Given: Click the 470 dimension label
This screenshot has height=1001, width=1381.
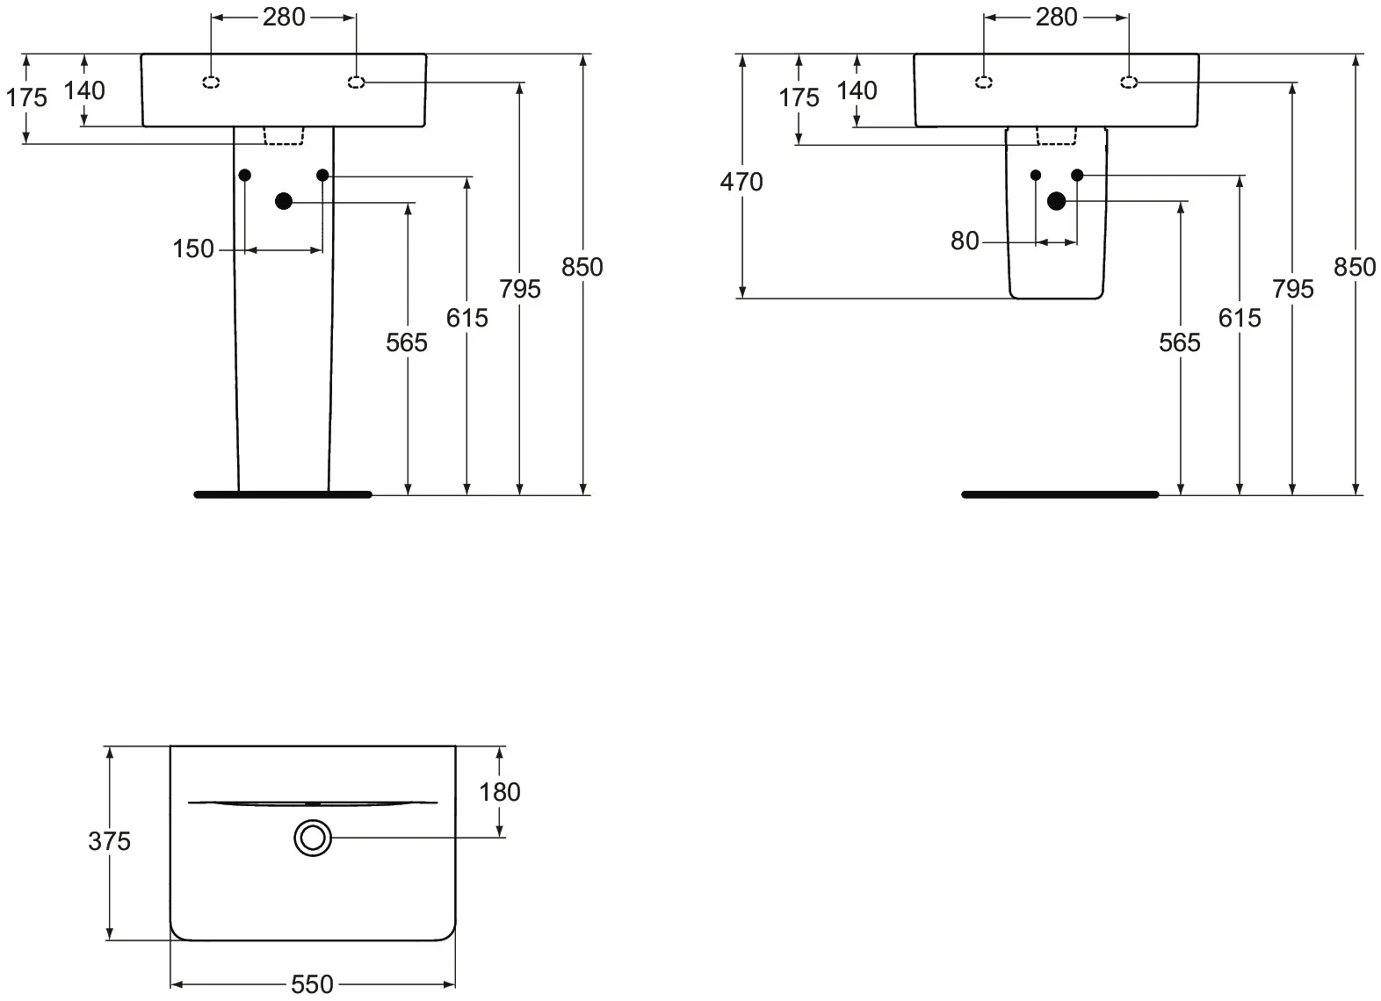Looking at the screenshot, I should point(741,182).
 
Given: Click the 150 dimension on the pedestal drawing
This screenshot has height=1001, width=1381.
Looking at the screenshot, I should point(193,248).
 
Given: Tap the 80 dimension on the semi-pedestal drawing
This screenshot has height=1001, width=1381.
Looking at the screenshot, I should point(964,241).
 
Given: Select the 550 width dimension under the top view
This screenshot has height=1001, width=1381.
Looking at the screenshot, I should point(312,984).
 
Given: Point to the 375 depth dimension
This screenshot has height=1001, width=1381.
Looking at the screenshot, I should point(109,841).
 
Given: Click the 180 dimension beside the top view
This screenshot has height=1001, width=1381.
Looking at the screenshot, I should point(499,792).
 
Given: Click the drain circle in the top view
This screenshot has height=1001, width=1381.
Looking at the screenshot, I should point(312,837).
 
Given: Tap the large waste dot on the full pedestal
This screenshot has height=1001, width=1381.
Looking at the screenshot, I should point(283,201).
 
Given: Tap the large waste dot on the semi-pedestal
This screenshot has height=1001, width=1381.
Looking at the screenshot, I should point(1056,201).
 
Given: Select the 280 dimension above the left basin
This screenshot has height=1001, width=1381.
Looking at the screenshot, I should point(284,17).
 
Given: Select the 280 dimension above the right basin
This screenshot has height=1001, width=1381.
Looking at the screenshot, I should point(1056,17).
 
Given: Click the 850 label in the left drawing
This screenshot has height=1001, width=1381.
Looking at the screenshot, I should point(582,267).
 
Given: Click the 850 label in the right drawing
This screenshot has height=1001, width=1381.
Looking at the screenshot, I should point(1354,267).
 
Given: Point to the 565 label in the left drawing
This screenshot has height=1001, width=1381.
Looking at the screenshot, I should point(407,342).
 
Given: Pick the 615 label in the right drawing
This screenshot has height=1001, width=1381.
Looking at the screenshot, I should point(1239,318).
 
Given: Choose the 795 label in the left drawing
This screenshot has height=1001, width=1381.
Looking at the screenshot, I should point(520,289).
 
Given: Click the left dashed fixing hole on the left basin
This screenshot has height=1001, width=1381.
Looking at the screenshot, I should point(211,83).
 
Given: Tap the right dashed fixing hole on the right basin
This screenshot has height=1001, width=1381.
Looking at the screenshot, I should point(1129,83).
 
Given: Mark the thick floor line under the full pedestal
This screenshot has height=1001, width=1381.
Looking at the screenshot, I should point(283,494).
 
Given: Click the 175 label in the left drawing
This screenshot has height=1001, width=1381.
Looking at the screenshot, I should point(26,97).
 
